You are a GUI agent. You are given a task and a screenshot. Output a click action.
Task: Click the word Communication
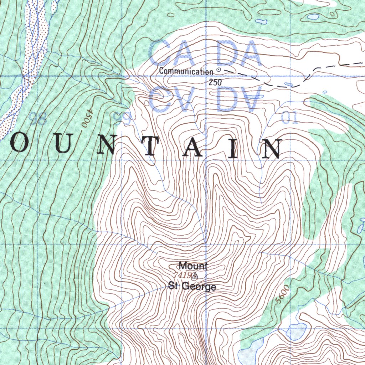[186, 71]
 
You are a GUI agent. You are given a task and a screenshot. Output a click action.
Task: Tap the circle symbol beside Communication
[219, 70]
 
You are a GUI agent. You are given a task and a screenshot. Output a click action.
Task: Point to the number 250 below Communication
[215, 82]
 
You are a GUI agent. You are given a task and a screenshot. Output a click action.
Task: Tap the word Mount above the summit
[193, 266]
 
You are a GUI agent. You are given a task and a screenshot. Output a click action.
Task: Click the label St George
[192, 286]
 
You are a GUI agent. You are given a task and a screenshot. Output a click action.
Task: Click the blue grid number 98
[38, 118]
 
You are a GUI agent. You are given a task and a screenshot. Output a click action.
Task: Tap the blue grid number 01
[289, 119]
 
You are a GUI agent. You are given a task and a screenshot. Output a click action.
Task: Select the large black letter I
[233, 148]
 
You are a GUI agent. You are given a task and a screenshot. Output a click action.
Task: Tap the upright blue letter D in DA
[218, 53]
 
